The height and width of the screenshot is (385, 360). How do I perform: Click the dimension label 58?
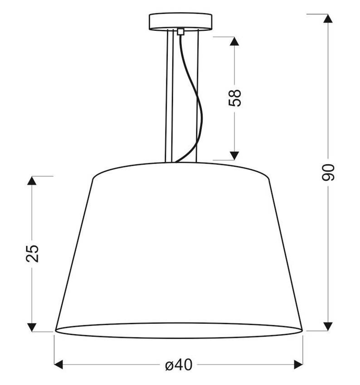[x=235, y=97]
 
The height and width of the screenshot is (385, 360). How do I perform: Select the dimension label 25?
[x=33, y=254]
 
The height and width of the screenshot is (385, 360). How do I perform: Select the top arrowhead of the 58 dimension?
[x=234, y=41]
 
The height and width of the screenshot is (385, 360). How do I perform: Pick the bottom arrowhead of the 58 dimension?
[x=234, y=155]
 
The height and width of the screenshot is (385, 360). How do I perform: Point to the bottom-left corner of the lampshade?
[x=55, y=331]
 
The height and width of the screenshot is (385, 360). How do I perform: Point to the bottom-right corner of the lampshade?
[x=302, y=331]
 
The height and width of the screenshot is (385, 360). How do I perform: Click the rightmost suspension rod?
[x=197, y=95]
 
